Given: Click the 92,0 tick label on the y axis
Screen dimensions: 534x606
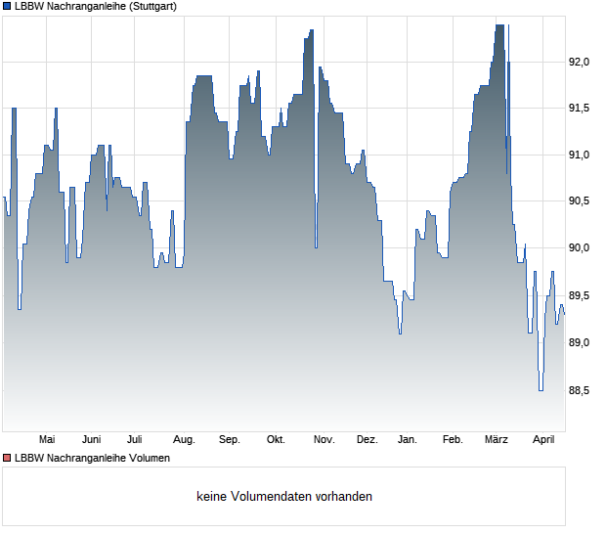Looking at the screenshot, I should (x=580, y=62).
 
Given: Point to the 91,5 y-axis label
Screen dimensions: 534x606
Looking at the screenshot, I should (x=580, y=109).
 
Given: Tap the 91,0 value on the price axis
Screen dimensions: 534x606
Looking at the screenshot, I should (x=580, y=155).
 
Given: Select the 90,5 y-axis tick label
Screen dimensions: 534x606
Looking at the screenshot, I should (x=580, y=201).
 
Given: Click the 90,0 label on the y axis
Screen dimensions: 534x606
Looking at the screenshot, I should (x=580, y=248).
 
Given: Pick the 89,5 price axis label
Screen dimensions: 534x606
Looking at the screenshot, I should (x=580, y=295).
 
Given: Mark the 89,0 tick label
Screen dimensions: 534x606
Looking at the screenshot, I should (x=580, y=342).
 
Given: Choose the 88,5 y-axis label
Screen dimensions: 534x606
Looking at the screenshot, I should (x=580, y=389).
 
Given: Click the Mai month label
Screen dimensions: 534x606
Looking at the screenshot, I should (x=46, y=440).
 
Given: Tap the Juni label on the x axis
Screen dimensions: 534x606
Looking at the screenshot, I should (x=92, y=440).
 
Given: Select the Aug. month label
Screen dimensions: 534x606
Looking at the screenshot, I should (x=184, y=440).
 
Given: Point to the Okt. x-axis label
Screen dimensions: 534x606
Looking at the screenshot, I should (x=276, y=440).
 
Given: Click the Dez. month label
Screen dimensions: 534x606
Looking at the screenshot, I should (x=367, y=440).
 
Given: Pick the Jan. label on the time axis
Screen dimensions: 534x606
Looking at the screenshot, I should (x=408, y=440).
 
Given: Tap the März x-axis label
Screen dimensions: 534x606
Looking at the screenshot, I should (x=497, y=440).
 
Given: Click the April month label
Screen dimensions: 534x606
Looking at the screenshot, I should (x=542, y=440).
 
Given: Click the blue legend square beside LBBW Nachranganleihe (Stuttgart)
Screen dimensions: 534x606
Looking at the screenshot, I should (x=6, y=6).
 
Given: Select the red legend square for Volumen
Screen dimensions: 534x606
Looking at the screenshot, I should (x=6, y=458).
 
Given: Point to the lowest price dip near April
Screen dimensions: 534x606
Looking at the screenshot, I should (x=540, y=389).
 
